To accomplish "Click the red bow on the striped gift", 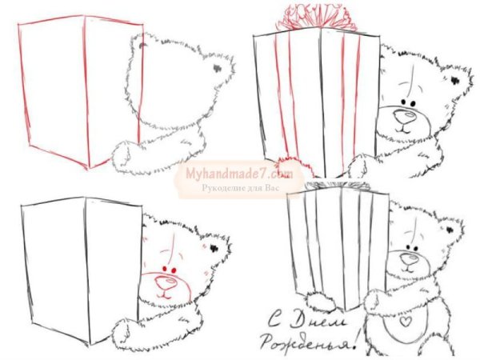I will click(307, 16).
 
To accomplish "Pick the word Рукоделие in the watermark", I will click(222, 187).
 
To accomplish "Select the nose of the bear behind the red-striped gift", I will click(406, 118).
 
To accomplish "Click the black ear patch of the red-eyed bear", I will click(216, 246).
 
